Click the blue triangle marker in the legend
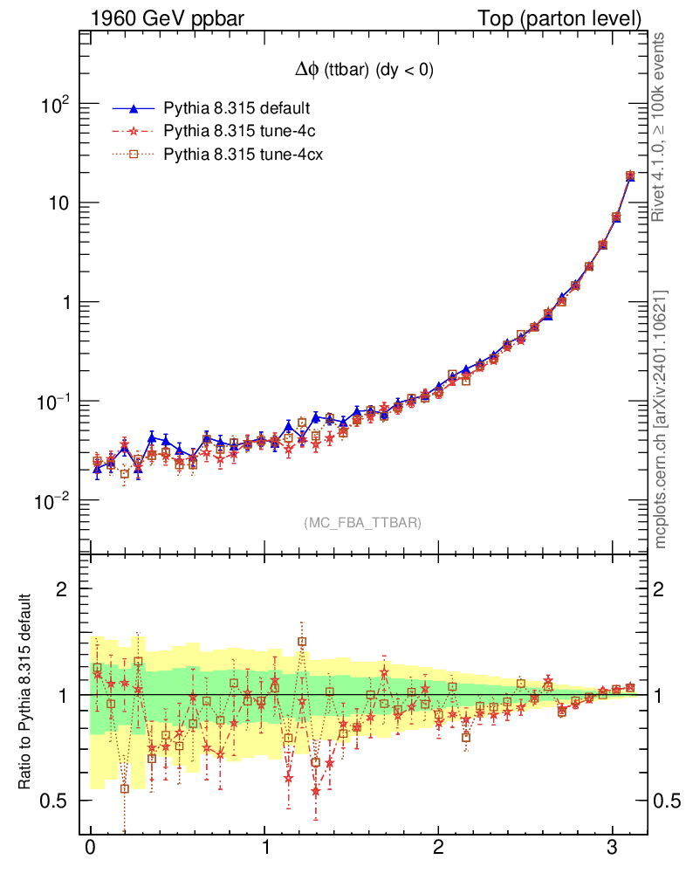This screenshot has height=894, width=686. [x=134, y=109]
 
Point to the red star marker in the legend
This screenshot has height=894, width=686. [x=134, y=132]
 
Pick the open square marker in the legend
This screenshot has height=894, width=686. [x=134, y=155]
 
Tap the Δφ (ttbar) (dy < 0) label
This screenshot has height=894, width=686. [x=363, y=72]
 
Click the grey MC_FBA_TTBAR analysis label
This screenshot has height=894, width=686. [x=363, y=523]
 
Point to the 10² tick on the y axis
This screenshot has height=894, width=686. [x=57, y=105]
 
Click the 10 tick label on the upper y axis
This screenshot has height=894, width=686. [x=58, y=203]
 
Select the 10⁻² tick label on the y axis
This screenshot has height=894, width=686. [x=54, y=501]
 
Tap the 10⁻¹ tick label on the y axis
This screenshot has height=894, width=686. [x=54, y=402]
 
